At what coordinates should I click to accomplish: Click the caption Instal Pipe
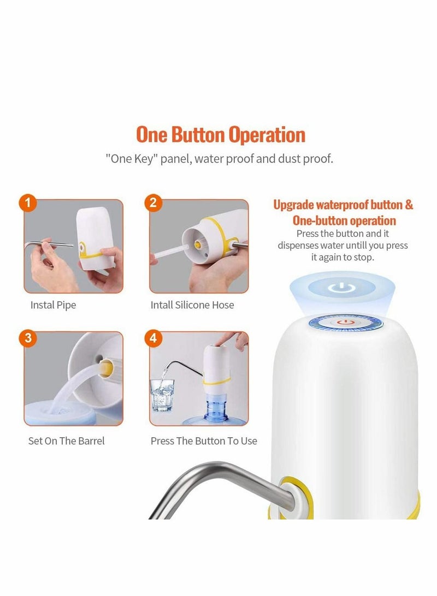point(53,305)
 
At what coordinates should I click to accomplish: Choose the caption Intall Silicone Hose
point(192,305)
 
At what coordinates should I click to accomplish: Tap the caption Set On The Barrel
point(66,440)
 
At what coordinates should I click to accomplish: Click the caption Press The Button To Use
point(204,440)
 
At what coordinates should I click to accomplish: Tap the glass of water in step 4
point(162,393)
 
